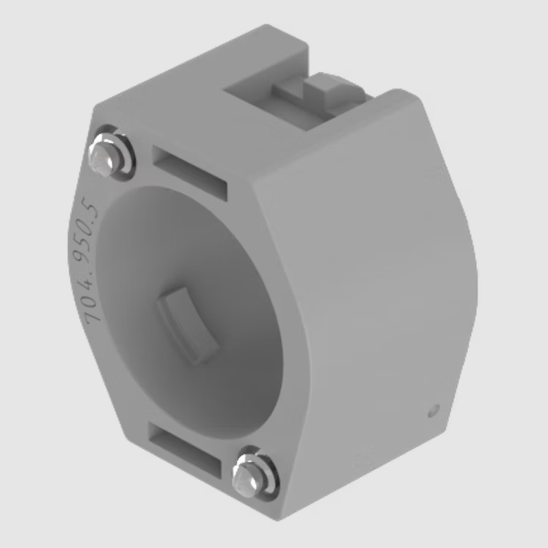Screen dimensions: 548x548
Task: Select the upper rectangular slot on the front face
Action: point(189,173)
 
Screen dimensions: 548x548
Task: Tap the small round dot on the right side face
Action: point(434,411)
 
